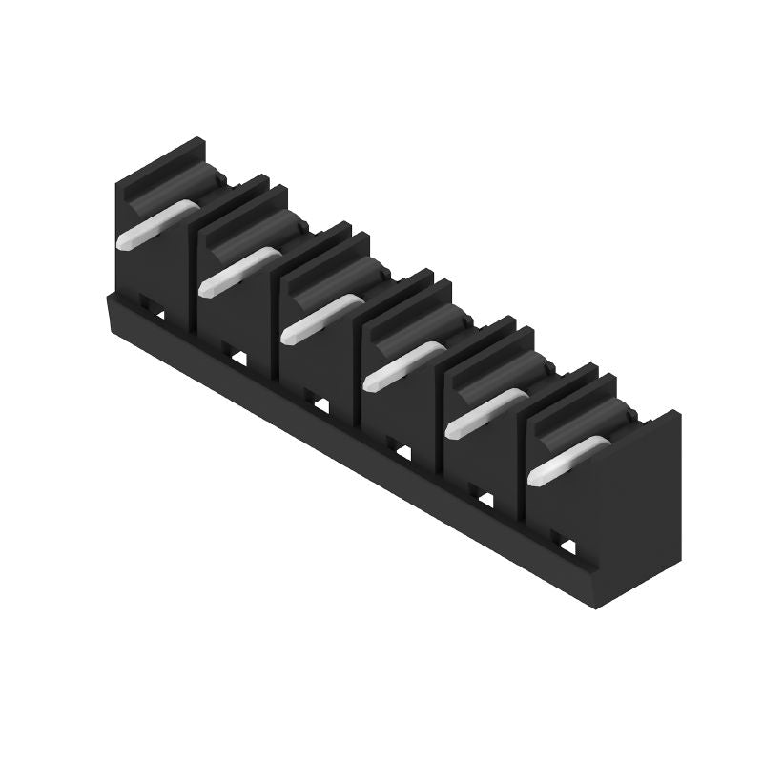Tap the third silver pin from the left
pyautogui.click(x=320, y=319)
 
